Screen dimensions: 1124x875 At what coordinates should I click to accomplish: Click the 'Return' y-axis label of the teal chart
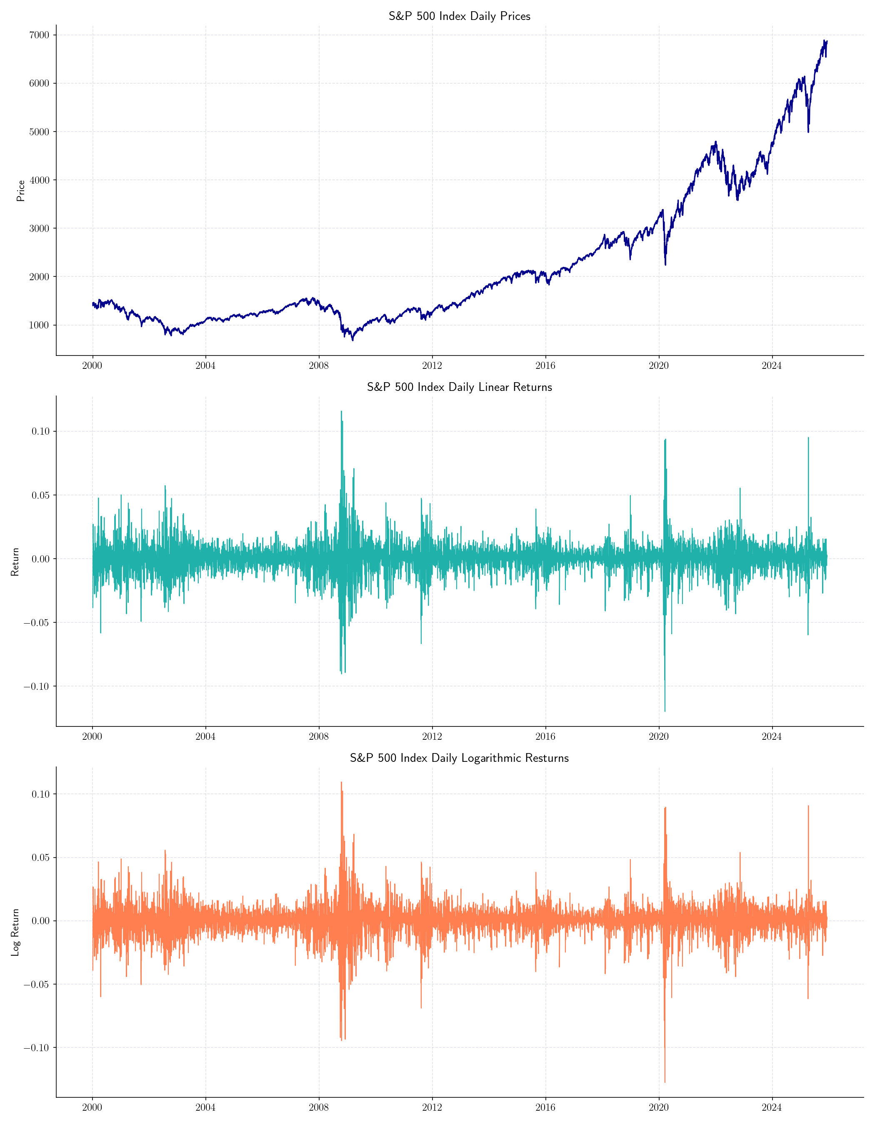pos(15,562)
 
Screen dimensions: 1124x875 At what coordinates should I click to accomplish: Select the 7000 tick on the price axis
pos(39,35)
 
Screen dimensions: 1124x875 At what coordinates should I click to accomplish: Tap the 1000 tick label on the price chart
pos(39,325)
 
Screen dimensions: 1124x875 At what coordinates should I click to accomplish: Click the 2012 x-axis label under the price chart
pos(432,366)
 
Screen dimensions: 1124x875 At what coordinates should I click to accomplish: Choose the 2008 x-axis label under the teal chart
pos(318,736)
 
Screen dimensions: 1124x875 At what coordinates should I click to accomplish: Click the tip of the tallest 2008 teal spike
pos(341,411)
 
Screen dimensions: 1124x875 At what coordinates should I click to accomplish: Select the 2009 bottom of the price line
pos(353,340)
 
